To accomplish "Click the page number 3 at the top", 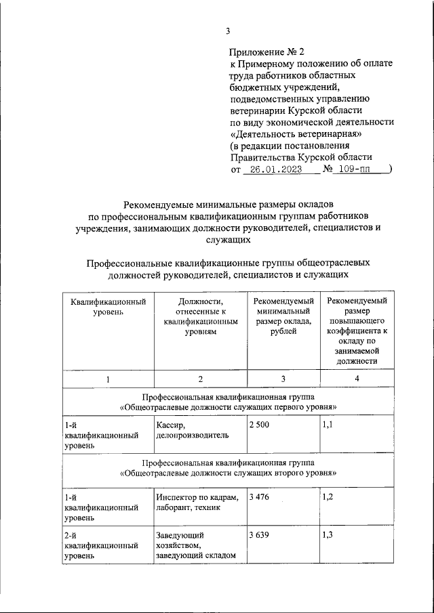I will (229, 30).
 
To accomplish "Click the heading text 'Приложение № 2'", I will (267, 51).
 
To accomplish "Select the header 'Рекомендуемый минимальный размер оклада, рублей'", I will (283, 316).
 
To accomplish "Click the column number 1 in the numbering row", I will (108, 379).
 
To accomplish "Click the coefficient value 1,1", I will (328, 425).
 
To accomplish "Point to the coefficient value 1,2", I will (328, 497).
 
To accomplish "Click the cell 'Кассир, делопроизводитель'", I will (192, 430).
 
